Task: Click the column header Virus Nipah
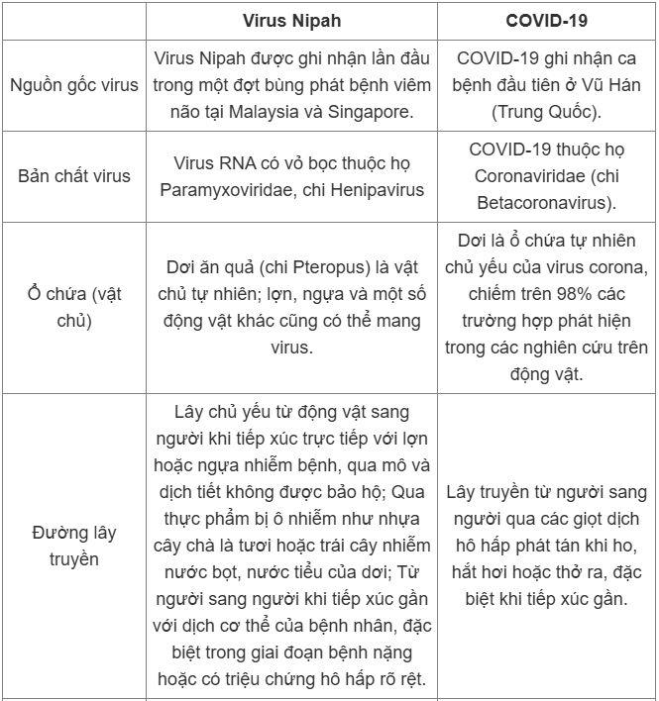tap(292, 21)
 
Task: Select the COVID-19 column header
tap(547, 21)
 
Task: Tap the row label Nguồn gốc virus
tap(73, 84)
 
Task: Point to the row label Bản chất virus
tap(73, 176)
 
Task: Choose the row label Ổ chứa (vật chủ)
tap(73, 307)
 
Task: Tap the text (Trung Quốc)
tap(546, 111)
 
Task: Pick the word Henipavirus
tap(368, 189)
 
